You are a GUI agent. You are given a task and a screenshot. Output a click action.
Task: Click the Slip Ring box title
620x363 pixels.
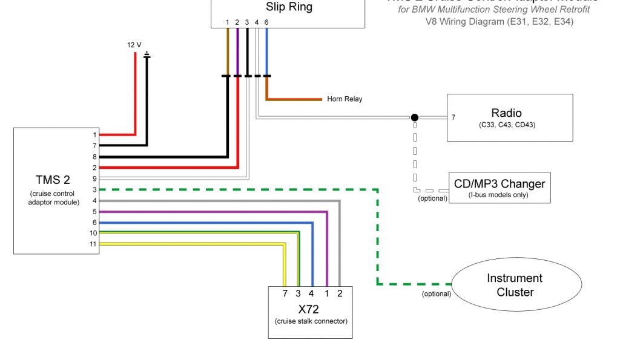(x=289, y=8)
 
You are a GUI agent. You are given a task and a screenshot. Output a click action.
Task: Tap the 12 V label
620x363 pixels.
(x=134, y=45)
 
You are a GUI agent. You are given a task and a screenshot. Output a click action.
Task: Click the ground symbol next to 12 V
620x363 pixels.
(x=147, y=56)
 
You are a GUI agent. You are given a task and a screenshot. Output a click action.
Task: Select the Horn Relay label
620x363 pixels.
(x=345, y=99)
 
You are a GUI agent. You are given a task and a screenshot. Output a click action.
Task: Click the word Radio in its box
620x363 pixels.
(x=506, y=113)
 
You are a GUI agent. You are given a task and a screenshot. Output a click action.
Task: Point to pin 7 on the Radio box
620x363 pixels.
(x=453, y=117)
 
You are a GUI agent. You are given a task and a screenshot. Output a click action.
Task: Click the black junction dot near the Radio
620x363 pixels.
(x=414, y=117)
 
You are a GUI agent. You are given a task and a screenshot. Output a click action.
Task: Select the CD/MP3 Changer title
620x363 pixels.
(x=500, y=184)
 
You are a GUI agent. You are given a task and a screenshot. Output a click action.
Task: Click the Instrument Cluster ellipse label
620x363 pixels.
(x=515, y=285)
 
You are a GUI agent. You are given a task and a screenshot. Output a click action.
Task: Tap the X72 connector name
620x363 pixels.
(x=311, y=308)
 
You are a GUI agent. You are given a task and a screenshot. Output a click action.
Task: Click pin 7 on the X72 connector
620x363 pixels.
(x=285, y=293)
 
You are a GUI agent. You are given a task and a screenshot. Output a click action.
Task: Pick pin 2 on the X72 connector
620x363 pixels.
(x=339, y=293)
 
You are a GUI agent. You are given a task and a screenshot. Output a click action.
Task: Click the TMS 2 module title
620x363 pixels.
(x=53, y=180)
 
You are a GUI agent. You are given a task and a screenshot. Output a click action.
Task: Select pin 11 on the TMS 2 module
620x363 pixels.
(x=94, y=244)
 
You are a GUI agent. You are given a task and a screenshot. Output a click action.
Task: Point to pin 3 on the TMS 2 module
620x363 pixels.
(x=94, y=189)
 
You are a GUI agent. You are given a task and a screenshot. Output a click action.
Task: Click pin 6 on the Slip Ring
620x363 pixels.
(x=266, y=22)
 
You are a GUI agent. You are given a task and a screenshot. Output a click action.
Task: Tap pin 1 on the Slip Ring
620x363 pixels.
(x=228, y=22)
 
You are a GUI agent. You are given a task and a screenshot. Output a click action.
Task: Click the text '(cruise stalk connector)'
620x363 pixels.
(x=311, y=321)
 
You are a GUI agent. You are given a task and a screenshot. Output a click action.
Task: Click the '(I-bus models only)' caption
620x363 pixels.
(x=499, y=195)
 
